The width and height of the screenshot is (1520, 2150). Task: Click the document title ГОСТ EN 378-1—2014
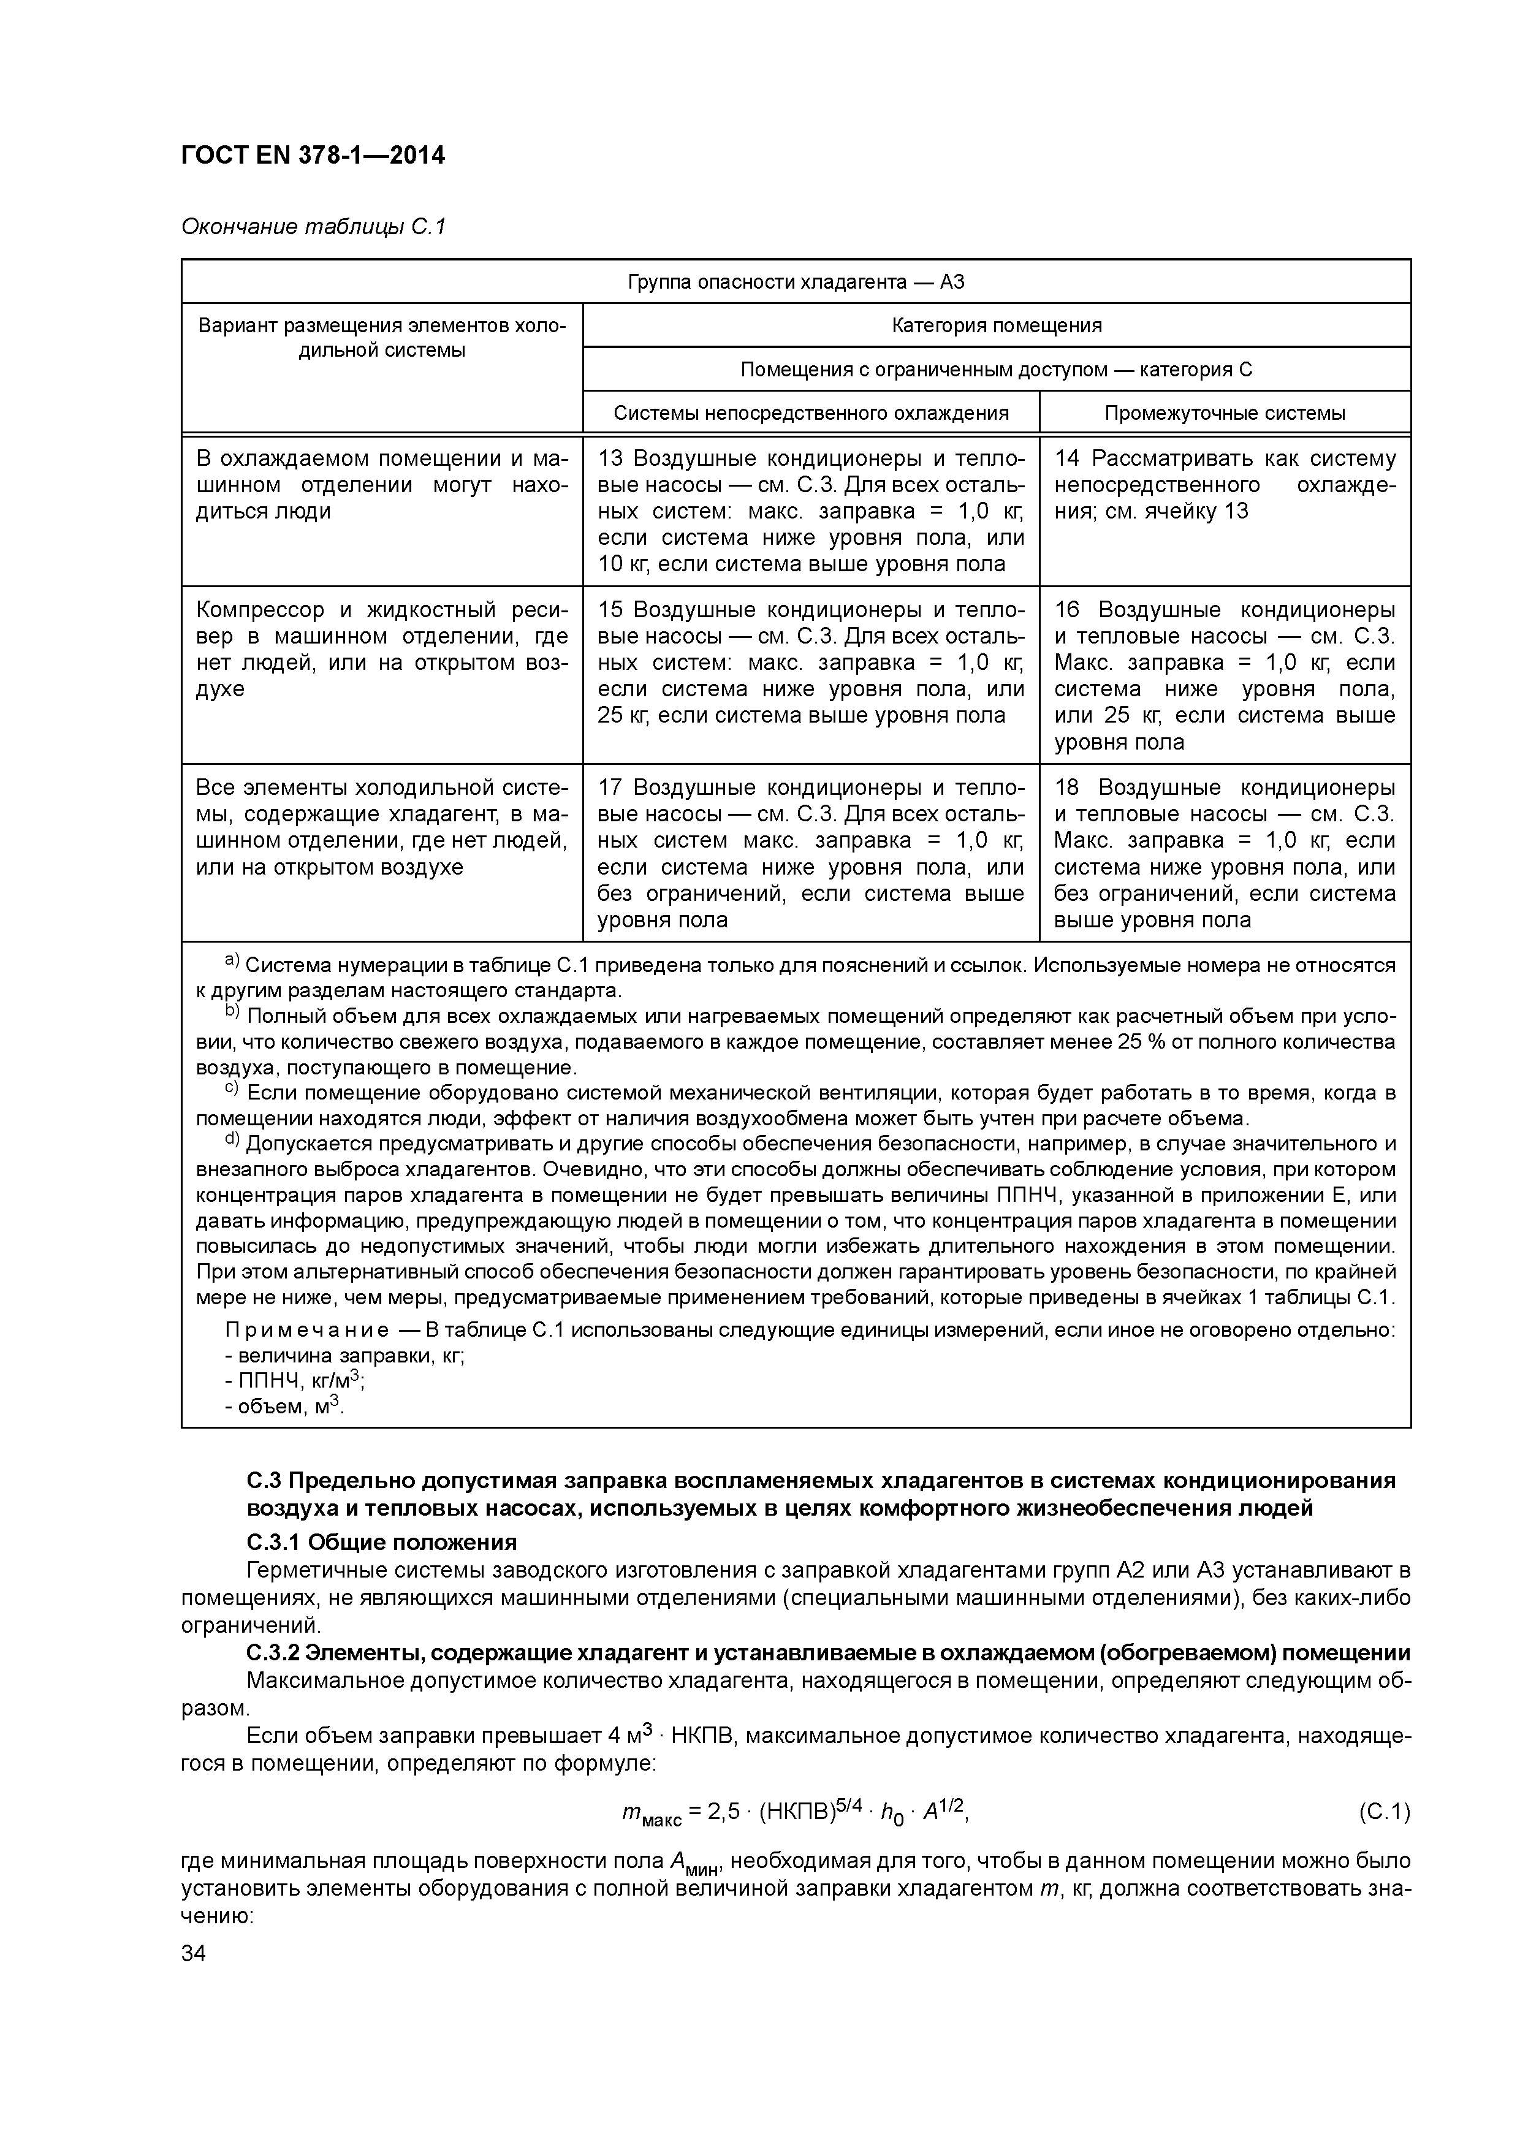click(313, 156)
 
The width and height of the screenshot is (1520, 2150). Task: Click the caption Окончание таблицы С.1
click(313, 227)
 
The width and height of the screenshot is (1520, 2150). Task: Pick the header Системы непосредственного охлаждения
click(810, 413)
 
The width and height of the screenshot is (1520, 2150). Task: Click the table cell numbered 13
click(810, 511)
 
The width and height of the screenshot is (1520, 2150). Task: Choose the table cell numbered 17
click(810, 853)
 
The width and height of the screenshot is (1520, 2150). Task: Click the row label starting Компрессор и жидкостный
click(381, 649)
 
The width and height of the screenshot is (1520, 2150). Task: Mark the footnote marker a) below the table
click(232, 962)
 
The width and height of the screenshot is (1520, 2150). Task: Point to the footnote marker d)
click(232, 1141)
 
